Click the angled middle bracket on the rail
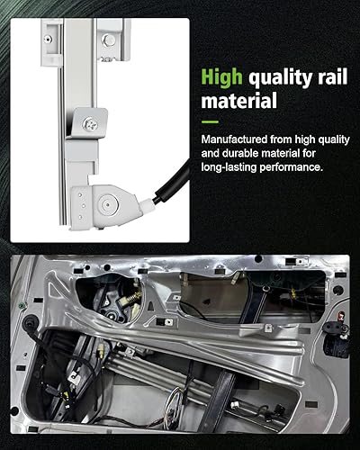coord(90,126)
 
